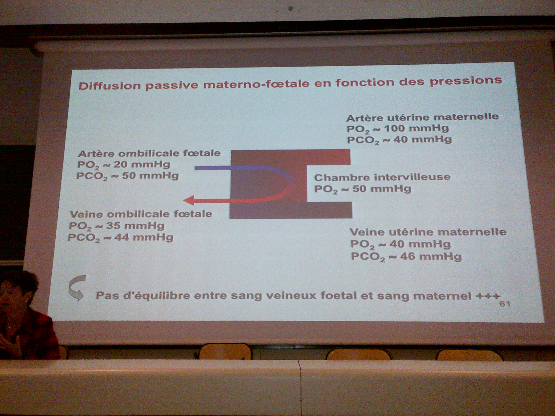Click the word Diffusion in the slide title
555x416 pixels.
[x=110, y=86]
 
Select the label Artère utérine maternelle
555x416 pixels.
[x=422, y=117]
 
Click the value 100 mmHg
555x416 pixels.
[x=416, y=128]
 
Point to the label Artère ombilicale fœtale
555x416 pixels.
[x=149, y=153]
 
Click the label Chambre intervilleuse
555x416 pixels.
[x=382, y=177]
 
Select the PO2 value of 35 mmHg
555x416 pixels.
[x=136, y=226]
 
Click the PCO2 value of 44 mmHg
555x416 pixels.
[x=144, y=237]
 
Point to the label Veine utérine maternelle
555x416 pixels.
[x=428, y=232]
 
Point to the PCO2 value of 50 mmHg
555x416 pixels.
[x=150, y=175]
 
